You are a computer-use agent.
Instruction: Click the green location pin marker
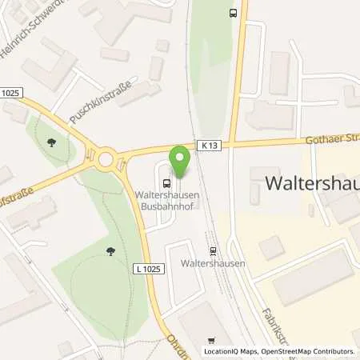181,162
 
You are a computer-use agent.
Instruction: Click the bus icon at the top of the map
233,13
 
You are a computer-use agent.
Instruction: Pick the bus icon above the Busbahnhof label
166,181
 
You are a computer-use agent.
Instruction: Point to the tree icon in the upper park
51,143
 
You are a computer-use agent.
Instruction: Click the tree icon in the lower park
110,254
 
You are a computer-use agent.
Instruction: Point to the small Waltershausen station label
212,262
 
